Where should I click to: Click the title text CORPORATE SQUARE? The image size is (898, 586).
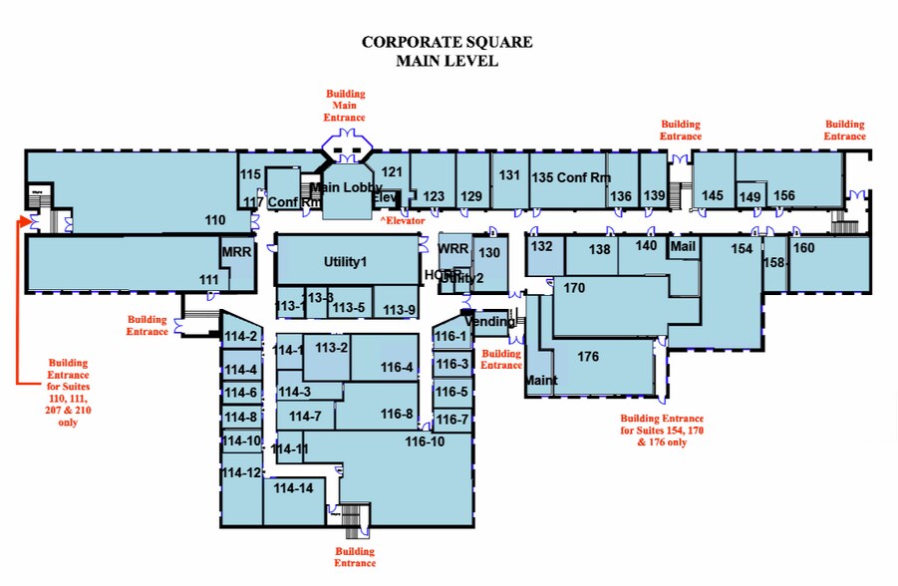tap(447, 42)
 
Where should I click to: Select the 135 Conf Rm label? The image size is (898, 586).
tap(569, 177)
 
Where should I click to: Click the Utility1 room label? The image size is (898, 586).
tap(346, 261)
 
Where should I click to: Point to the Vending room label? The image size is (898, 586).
tap(490, 322)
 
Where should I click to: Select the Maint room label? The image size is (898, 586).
tap(541, 381)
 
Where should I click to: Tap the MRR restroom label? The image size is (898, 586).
tap(236, 252)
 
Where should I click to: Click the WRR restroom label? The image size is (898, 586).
tap(453, 248)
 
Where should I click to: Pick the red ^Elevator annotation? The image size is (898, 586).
tap(402, 220)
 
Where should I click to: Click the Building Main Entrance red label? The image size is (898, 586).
tap(346, 106)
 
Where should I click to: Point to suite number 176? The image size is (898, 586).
tap(588, 357)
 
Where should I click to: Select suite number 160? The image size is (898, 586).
tap(803, 247)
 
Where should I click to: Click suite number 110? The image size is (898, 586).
tap(214, 219)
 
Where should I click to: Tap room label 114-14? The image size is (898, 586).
tap(293, 488)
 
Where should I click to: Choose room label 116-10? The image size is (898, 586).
tap(425, 440)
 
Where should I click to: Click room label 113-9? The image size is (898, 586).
tap(399, 309)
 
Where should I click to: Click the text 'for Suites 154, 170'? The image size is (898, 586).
tap(663, 431)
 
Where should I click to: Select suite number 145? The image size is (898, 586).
tap(712, 195)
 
